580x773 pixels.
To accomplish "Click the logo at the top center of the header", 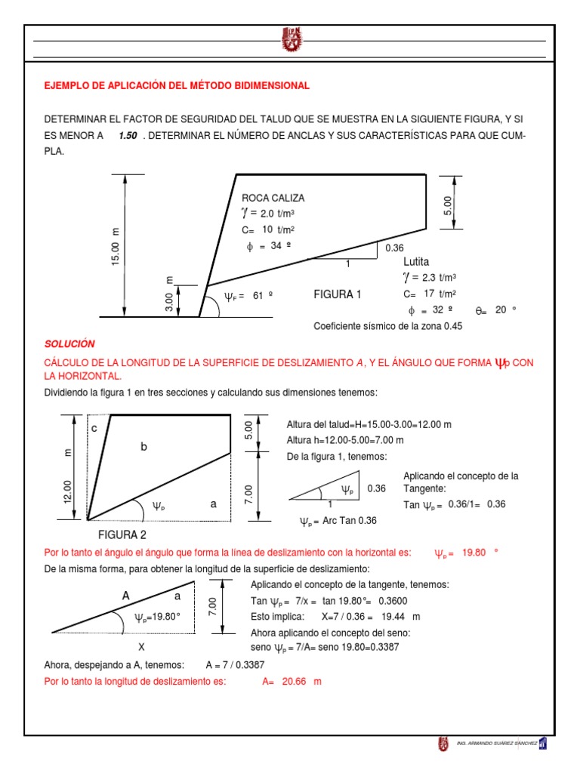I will [x=291, y=41].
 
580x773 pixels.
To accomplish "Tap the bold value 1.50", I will [x=128, y=137].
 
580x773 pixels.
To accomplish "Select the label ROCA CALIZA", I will [x=273, y=198].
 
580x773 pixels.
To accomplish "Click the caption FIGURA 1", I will [x=338, y=294].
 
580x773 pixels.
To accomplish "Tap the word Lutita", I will [x=416, y=261].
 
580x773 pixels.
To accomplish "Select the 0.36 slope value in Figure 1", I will [x=395, y=248].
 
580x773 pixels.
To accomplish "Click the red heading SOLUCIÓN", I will [x=69, y=343].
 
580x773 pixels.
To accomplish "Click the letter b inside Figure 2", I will [x=143, y=448].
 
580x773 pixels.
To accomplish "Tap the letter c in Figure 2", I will [x=94, y=428].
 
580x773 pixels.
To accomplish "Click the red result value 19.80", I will [x=473, y=553].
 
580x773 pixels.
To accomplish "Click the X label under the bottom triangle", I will [x=140, y=647].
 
